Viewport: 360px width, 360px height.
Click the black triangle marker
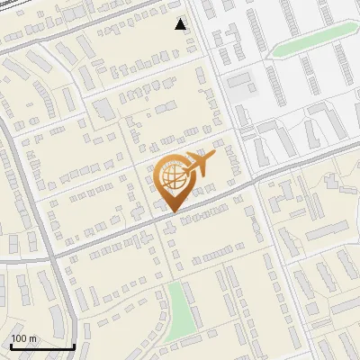point(181,24)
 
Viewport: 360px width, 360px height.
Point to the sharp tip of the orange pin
point(170,212)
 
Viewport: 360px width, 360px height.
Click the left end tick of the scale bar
point(11,345)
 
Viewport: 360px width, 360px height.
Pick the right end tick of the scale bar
point(74,345)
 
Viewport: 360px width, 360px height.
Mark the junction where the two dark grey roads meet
point(52,258)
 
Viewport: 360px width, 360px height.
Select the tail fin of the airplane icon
point(211,156)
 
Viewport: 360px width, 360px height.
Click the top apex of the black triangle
point(181,19)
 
